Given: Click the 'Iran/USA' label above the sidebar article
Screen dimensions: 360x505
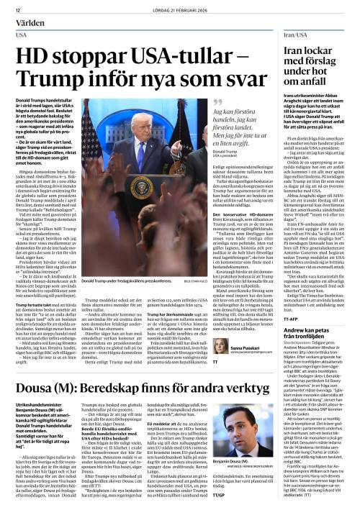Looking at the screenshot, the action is click(279, 34).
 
